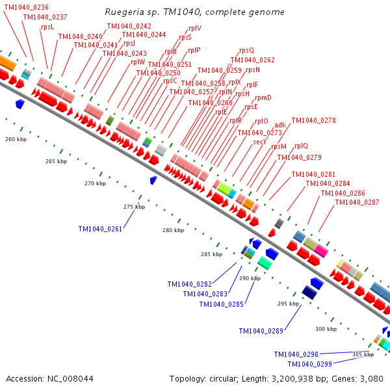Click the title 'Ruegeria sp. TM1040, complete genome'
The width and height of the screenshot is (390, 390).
(194, 12)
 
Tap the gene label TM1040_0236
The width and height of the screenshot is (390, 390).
(27, 7)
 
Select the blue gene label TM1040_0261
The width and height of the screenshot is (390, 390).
(100, 229)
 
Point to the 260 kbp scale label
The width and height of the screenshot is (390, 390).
(16, 139)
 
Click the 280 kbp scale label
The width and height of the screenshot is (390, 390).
(174, 231)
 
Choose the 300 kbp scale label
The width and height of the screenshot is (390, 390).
(326, 329)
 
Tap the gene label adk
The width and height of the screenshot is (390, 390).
(280, 125)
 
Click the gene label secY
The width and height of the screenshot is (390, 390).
(260, 141)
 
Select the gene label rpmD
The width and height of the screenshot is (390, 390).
(263, 97)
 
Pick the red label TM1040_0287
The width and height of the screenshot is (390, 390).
(357, 202)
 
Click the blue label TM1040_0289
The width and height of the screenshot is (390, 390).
(261, 331)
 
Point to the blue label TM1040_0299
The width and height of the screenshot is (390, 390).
(309, 364)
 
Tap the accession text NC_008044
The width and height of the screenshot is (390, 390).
(49, 378)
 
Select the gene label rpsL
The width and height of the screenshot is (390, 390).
(47, 27)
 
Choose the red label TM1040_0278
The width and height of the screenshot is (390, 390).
(313, 120)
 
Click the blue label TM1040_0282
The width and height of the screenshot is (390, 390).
(190, 284)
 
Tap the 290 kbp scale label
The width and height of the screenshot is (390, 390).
(250, 278)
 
